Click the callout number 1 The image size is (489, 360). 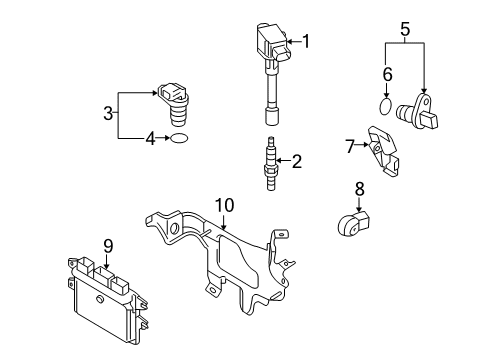[306, 41]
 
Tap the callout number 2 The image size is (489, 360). [294, 160]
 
